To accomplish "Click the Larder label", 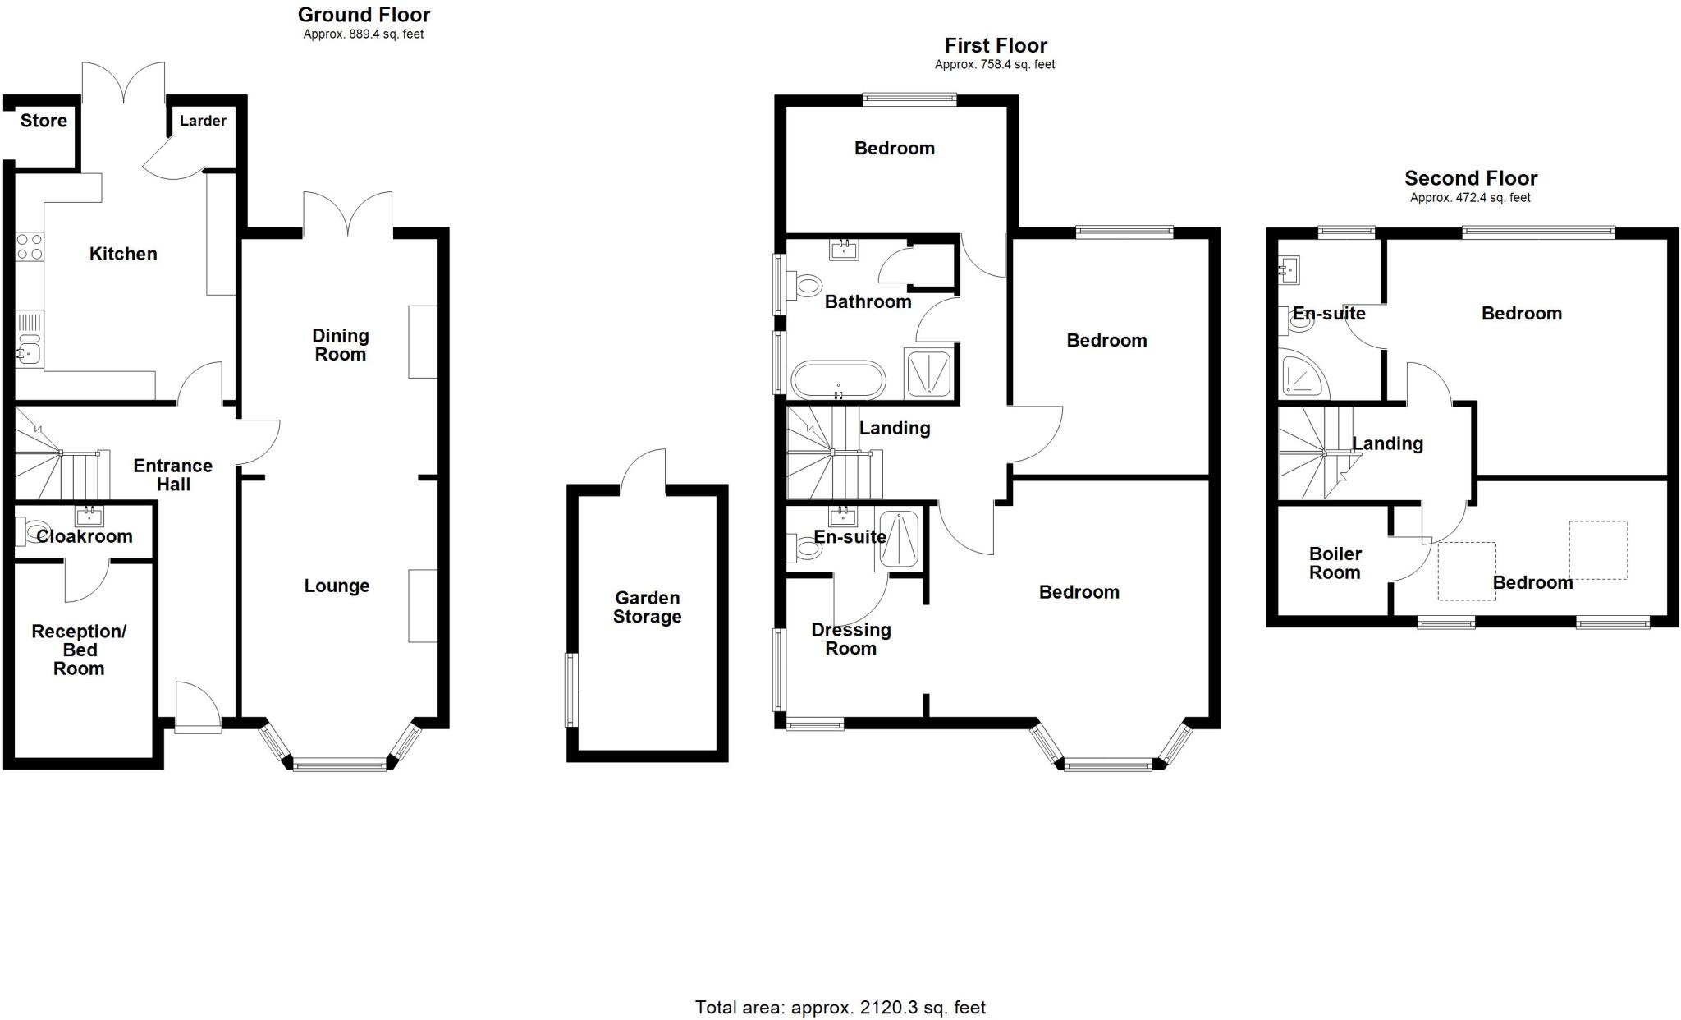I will pos(203,121).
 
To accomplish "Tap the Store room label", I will pos(44,121).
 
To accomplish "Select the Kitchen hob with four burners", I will pos(30,246).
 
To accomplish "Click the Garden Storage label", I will pos(647,608).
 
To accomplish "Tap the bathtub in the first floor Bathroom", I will pos(838,381).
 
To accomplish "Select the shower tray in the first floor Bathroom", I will pos(929,374).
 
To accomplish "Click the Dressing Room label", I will pos(851,639).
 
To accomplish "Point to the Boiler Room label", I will pos(1335,563).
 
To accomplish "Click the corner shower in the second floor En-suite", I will pos(1302,375).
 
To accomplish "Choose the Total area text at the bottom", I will pos(840,1007).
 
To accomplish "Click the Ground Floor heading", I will pos(364,15).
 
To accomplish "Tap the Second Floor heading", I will pos(1470,178).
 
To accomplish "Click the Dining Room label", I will pos(340,345).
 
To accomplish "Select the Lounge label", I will pos(337,586).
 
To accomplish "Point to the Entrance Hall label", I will pos(173,475).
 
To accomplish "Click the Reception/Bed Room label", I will pos(79,650).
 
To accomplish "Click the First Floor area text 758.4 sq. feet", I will pos(995,64).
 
